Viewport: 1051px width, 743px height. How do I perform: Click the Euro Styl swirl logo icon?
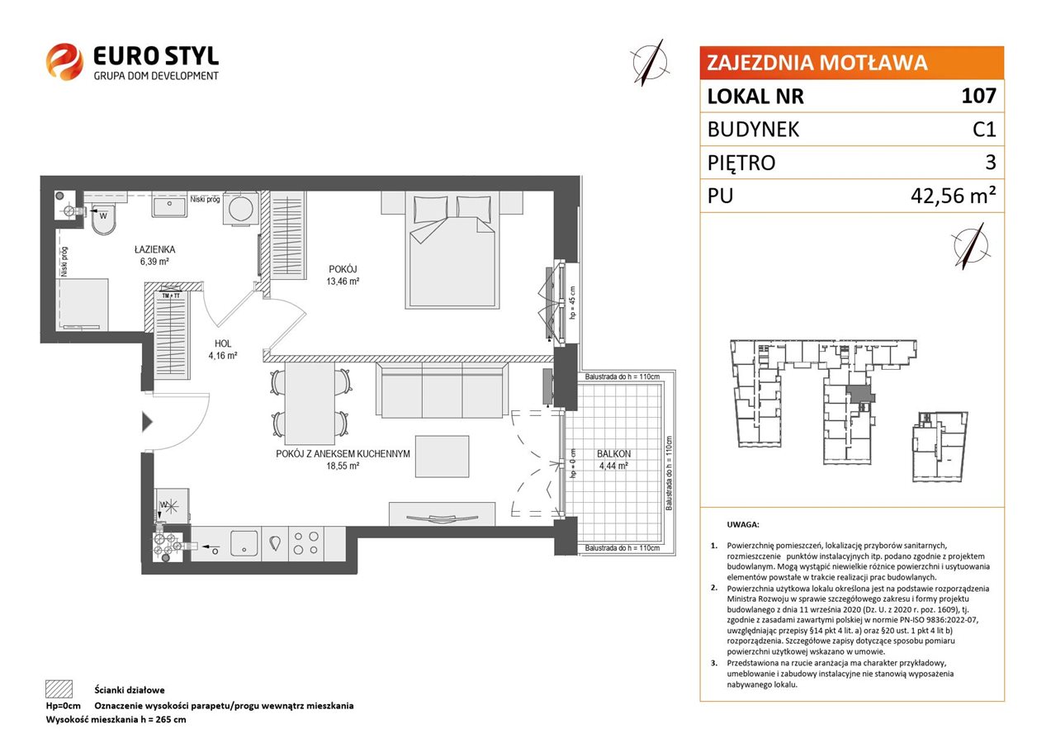click(64, 62)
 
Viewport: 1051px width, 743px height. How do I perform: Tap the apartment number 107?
click(978, 96)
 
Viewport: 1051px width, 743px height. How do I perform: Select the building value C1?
click(984, 129)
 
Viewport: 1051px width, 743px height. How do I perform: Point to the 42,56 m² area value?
click(953, 195)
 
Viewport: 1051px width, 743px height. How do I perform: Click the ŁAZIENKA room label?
click(154, 249)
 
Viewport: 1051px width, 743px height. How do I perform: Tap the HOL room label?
click(223, 343)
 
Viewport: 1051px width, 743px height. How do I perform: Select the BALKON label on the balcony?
click(613, 454)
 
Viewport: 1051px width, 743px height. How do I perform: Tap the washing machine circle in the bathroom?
click(241, 209)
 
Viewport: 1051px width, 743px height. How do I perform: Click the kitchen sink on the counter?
click(244, 543)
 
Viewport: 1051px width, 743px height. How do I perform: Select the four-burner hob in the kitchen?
click(306, 543)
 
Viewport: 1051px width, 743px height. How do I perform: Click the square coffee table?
click(442, 457)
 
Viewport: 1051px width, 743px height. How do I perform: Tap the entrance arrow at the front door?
click(148, 422)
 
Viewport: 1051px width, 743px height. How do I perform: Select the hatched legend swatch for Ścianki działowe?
click(59, 689)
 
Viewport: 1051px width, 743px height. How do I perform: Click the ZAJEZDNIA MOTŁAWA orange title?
click(817, 63)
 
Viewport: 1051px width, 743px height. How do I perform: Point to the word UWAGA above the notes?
click(743, 524)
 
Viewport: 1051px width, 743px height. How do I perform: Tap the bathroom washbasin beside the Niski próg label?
click(169, 206)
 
